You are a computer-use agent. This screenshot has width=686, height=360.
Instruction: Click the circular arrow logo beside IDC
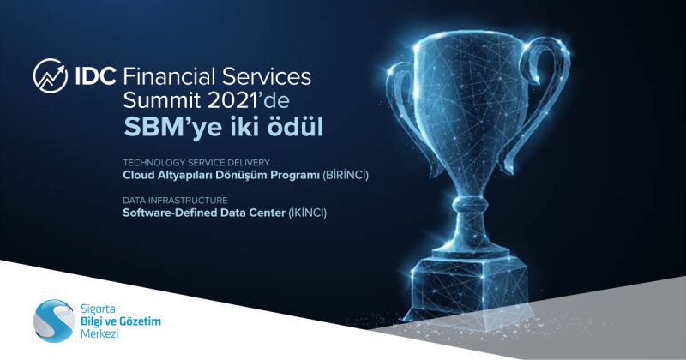[51, 75]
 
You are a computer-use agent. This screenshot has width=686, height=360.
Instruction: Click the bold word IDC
[96, 76]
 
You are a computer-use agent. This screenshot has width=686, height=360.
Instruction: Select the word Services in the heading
[267, 76]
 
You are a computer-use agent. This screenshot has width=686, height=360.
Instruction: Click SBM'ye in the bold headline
[173, 128]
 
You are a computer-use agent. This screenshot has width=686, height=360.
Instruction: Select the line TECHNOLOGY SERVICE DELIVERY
[196, 162]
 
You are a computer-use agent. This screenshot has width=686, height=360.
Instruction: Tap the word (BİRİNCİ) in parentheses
[346, 176]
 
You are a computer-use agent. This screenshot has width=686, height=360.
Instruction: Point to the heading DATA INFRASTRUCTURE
[175, 201]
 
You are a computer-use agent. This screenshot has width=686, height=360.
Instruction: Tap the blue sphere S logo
[54, 321]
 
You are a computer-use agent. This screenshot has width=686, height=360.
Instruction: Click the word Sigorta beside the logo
[98, 309]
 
